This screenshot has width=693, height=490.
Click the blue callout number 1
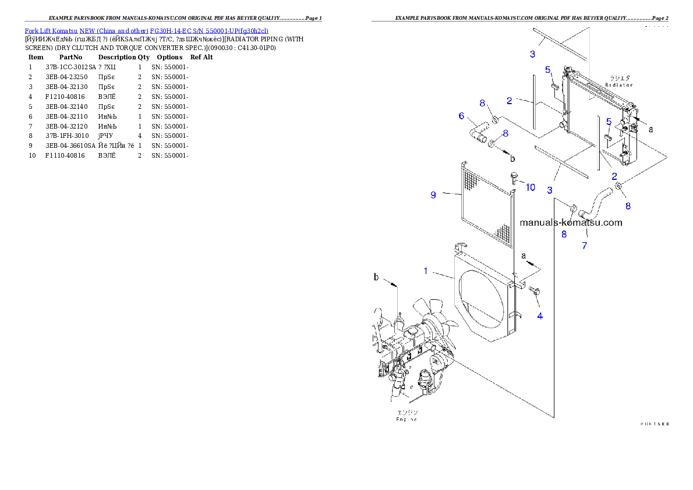tap(426, 271)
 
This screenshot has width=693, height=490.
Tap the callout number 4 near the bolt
tap(540, 316)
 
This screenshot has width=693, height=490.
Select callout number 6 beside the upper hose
tap(462, 116)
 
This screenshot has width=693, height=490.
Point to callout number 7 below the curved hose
tap(585, 246)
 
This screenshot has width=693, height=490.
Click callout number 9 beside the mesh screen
tap(433, 195)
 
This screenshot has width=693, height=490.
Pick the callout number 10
tap(531, 187)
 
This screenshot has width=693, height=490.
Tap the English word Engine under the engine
tap(407, 419)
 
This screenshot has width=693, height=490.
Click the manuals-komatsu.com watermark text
tap(571, 222)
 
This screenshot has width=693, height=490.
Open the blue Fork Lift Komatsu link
tap(146, 31)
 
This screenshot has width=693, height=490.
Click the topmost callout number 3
tap(532, 55)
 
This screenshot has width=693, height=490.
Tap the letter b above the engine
tap(376, 278)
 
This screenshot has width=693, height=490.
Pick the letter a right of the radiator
tap(650, 130)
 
